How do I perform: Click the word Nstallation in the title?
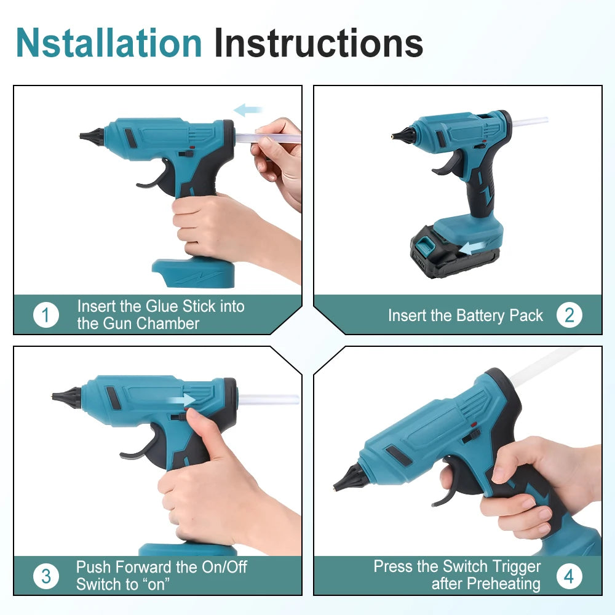pos(109,43)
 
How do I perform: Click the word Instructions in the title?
pos(319,43)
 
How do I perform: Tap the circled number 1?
pos(46,315)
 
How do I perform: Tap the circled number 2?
pos(569,315)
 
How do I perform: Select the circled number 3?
pos(46,576)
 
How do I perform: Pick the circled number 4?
pos(569,576)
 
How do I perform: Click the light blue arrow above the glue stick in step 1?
pos(248,110)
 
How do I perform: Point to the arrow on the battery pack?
pos(474,248)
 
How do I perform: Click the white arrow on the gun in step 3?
pos(181,400)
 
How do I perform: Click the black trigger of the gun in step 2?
pos(448,164)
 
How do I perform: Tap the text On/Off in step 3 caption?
pos(224,567)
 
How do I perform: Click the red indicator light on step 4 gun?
pos(473,424)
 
